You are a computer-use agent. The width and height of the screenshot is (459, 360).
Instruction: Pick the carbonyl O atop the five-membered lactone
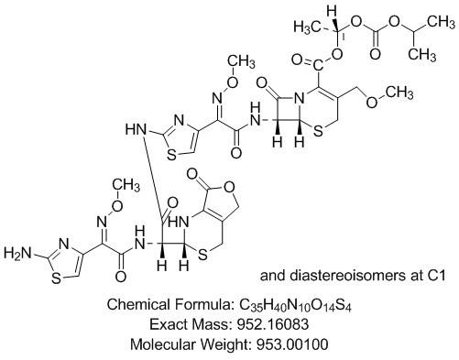coord(190,173)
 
